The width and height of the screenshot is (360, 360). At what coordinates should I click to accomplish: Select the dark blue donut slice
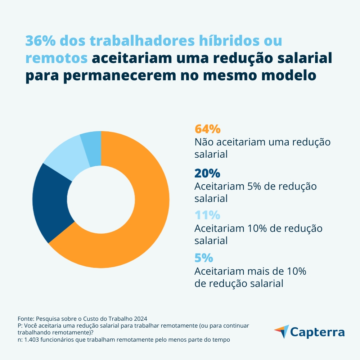[x=50, y=202]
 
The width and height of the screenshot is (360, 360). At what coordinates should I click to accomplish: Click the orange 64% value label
[x=207, y=129]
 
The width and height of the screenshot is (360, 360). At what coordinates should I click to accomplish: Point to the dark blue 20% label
[x=207, y=173]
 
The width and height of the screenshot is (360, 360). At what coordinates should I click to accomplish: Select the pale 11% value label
[x=207, y=215]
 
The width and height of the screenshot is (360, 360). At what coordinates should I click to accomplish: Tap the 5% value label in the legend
[x=204, y=258]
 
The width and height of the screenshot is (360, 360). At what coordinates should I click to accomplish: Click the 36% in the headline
[x=40, y=41]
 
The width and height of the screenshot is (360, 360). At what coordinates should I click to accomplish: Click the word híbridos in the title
[x=220, y=41]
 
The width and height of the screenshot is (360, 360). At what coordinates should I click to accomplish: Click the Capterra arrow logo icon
[x=282, y=331]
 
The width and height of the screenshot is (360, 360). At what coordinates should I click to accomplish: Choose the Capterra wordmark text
[x=317, y=332]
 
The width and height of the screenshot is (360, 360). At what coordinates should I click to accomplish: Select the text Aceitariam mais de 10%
[x=250, y=271]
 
